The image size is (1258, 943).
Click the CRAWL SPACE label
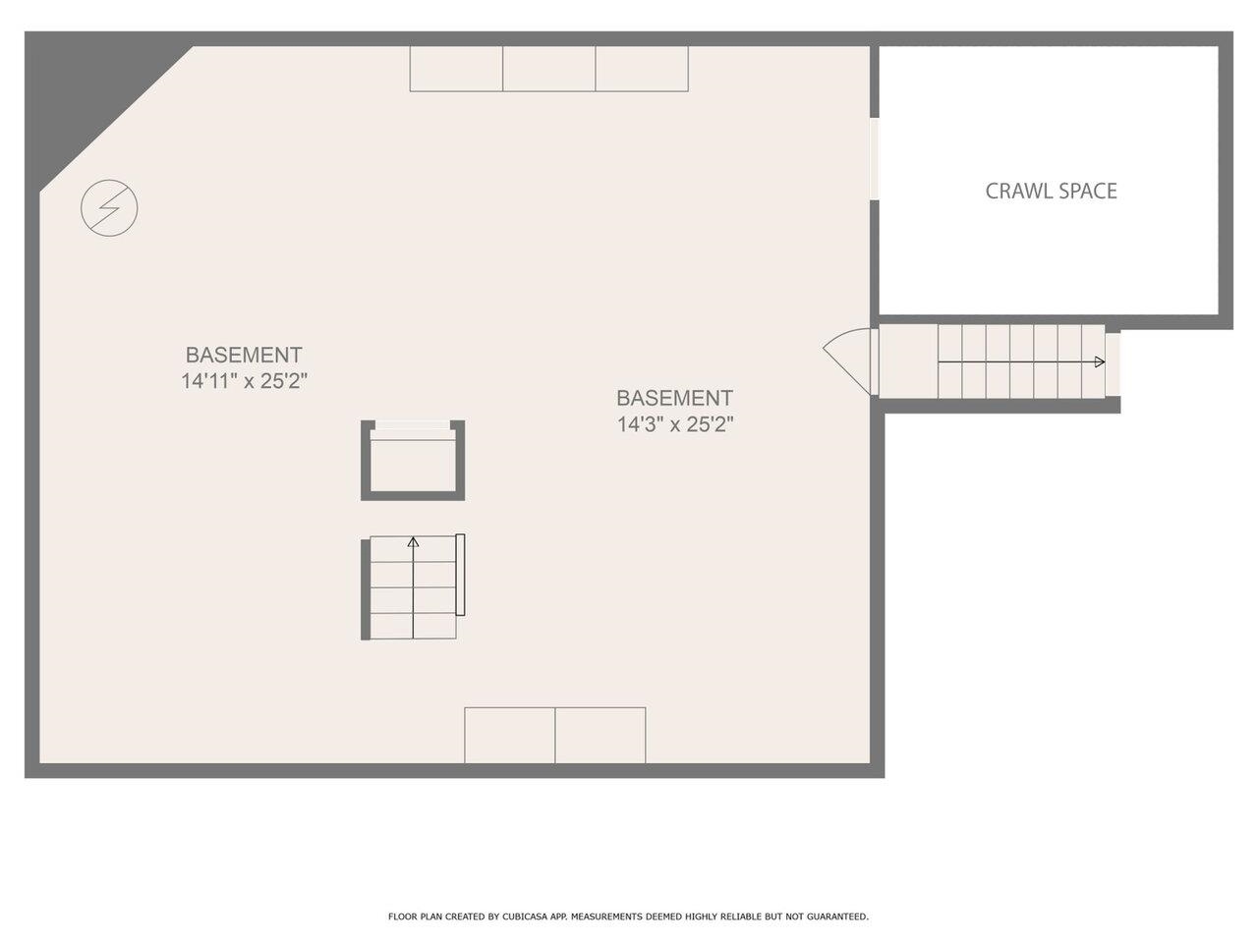[x=1051, y=192]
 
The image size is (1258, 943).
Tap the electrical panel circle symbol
[x=109, y=208]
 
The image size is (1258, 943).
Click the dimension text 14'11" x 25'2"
[x=245, y=381]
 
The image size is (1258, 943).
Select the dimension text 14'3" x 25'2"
[x=675, y=424]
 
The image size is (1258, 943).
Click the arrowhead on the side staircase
[x=1099, y=361]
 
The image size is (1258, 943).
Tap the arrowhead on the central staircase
[x=413, y=541]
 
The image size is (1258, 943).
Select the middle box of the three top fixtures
[x=549, y=68]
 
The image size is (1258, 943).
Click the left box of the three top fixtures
[x=456, y=68]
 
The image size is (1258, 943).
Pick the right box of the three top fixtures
[x=642, y=68]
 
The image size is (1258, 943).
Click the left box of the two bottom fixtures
[x=509, y=735]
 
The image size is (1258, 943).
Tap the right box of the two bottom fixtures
[x=600, y=735]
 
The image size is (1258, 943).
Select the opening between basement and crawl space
[x=875, y=158]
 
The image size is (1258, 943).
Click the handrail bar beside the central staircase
[x=460, y=575]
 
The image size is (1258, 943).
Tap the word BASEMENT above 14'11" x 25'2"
[x=244, y=355]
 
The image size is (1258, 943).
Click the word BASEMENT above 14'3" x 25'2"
[x=674, y=398]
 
